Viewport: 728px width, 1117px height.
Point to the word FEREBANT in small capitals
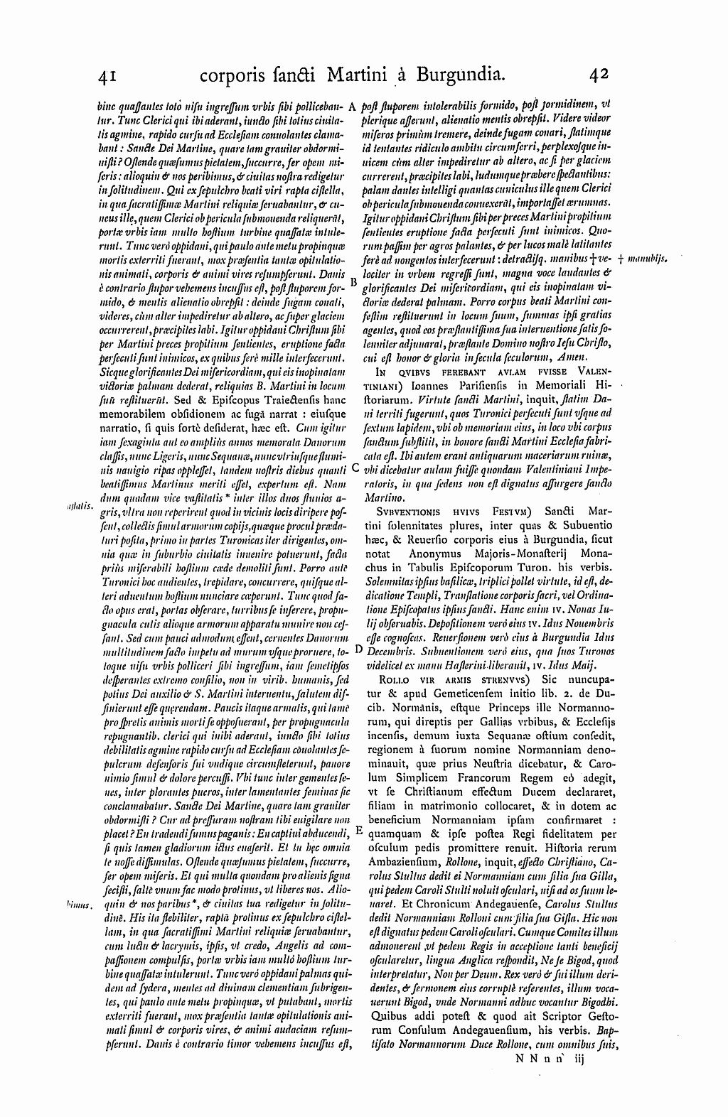click(455, 370)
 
